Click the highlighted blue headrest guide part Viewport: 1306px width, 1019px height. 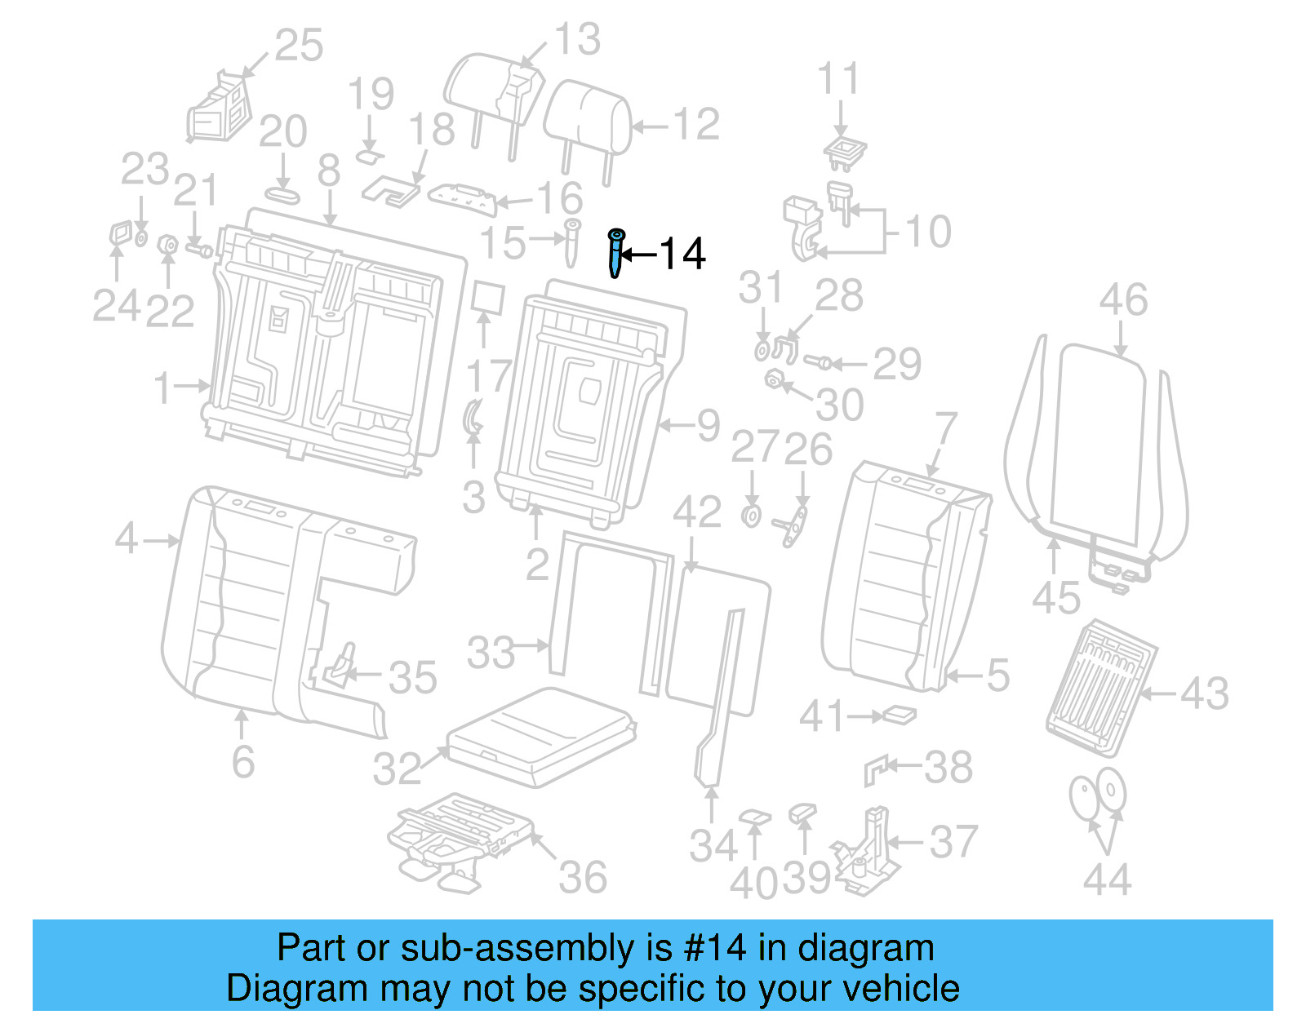coord(615,253)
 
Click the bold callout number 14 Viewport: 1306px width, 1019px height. coord(682,254)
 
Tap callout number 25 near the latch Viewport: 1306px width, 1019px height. coord(299,46)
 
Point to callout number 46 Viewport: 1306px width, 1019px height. coord(1123,300)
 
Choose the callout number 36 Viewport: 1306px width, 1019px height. coord(583,878)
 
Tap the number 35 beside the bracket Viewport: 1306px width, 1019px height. coord(413,678)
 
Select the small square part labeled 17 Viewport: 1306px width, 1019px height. coord(487,299)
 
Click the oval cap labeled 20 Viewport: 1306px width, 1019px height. coord(282,196)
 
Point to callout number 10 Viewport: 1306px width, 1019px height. coord(928,232)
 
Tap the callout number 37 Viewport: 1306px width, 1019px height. coord(953,842)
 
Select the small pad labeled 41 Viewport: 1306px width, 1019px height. coord(900,716)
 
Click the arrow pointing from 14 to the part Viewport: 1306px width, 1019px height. coord(639,255)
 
